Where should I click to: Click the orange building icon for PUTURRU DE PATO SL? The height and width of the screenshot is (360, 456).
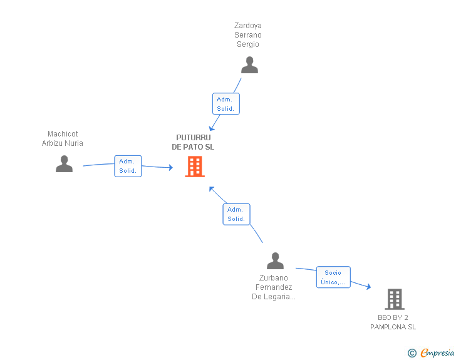point(195,167)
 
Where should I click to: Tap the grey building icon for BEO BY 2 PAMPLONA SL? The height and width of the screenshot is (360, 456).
point(395,299)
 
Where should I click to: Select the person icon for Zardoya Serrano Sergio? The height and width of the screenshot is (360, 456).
point(249,65)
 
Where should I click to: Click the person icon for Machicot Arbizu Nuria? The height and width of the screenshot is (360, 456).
point(65,163)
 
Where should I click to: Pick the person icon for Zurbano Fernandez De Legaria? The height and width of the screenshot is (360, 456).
point(275,260)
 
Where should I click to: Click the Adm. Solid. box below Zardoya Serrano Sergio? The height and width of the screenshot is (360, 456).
point(226,104)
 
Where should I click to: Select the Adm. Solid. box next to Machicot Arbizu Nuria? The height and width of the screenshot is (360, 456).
point(128,166)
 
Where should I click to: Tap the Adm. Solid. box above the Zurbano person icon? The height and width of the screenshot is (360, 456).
point(236,214)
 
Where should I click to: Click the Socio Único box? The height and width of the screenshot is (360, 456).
point(333,277)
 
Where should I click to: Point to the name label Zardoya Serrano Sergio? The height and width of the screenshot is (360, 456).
point(248,35)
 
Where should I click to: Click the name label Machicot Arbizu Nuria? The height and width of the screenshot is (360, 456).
point(63,138)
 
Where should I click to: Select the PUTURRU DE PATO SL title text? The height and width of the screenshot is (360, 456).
point(193,142)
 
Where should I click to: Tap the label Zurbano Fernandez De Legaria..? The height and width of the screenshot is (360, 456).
point(274,287)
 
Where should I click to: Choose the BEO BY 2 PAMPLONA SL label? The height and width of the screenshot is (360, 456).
point(393,322)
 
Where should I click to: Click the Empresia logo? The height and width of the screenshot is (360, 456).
point(437,352)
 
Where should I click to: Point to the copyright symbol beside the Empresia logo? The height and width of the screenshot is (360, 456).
point(412,353)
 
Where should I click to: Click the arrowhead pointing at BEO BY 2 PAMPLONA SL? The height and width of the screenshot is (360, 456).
point(369,287)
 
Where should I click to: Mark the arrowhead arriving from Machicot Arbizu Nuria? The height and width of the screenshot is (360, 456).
point(171,167)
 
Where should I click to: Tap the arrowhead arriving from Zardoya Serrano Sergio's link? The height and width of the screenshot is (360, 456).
point(212,128)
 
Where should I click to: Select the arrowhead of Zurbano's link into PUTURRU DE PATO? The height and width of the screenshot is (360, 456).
point(212,188)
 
